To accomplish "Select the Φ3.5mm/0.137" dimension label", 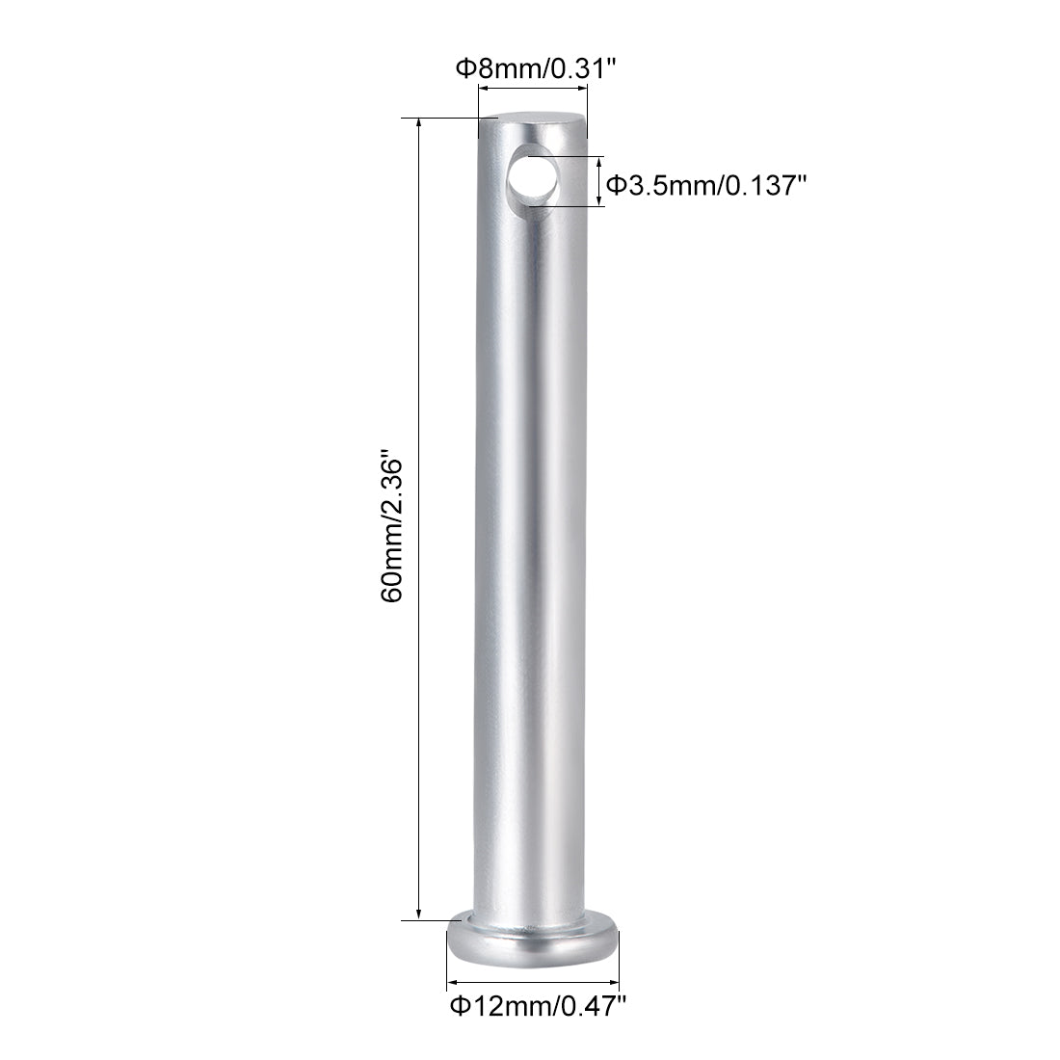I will (704, 182).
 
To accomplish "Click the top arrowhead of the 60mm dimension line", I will (418, 124).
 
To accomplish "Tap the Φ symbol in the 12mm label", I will (459, 1007).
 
